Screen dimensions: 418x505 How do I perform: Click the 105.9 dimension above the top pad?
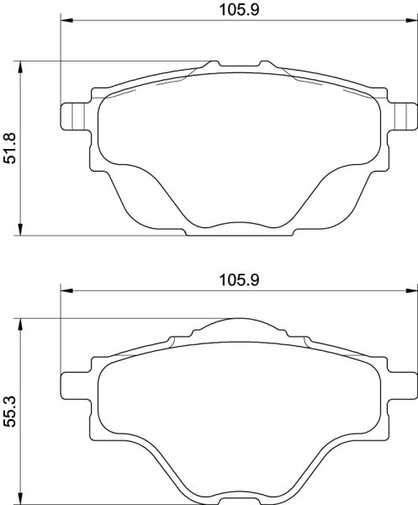239,9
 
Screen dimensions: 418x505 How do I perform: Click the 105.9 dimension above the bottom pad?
239,280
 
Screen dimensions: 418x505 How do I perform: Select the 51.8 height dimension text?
10,148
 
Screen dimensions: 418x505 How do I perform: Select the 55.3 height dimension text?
10,412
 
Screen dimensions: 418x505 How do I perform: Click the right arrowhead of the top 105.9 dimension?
411,20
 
